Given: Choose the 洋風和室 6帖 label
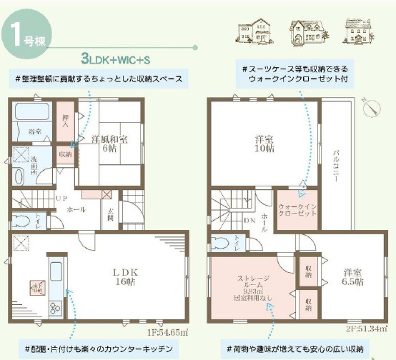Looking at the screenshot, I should coord(109,144).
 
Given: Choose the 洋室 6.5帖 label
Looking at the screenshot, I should coord(351,276).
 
